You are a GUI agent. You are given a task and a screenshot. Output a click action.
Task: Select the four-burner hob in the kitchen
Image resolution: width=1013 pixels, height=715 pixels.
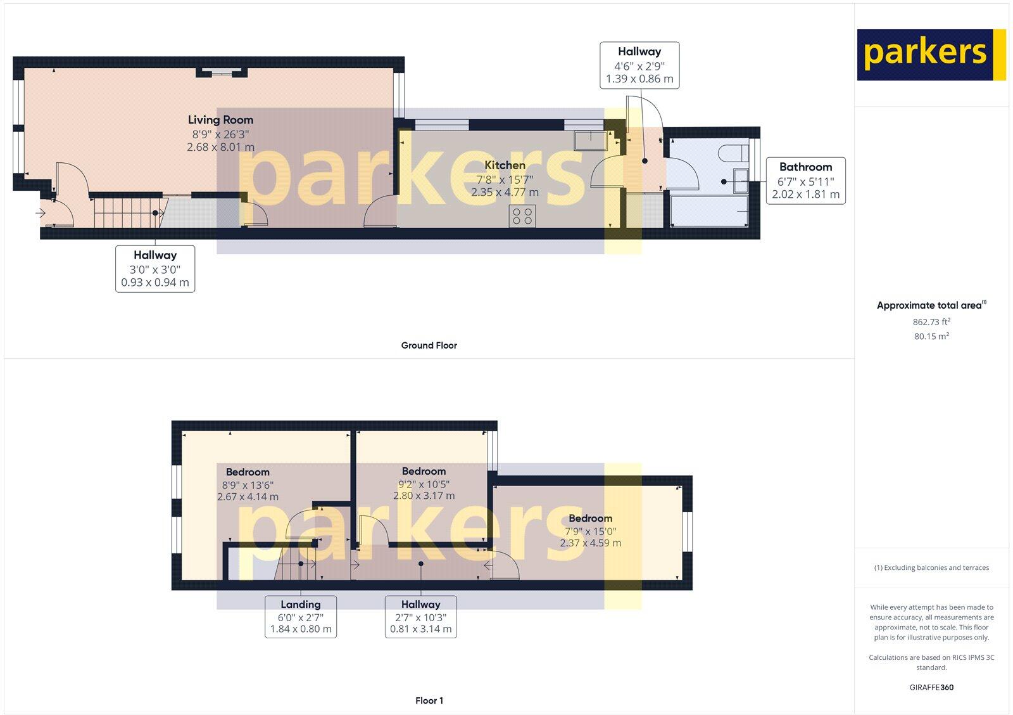pyautogui.click(x=522, y=216)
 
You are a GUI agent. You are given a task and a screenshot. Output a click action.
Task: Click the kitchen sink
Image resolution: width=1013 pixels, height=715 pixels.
pyautogui.click(x=590, y=140)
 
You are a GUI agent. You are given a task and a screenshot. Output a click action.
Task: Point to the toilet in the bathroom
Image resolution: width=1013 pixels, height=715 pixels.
pyautogui.click(x=735, y=152)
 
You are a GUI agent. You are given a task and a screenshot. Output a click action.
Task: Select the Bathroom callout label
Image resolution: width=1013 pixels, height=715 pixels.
pyautogui.click(x=805, y=181)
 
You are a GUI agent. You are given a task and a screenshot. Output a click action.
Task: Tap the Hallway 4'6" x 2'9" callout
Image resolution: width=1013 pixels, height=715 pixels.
pyautogui.click(x=639, y=65)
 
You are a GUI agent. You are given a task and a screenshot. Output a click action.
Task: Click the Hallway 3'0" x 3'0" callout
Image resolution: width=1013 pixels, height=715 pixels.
pyautogui.click(x=155, y=269)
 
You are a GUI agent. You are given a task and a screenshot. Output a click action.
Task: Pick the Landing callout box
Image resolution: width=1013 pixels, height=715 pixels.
pyautogui.click(x=301, y=617)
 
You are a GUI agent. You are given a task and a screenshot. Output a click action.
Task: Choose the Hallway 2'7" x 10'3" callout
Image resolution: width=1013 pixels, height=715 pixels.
pyautogui.click(x=421, y=617)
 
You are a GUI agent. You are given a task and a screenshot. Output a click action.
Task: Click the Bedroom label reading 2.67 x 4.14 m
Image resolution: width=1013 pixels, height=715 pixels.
pyautogui.click(x=248, y=484)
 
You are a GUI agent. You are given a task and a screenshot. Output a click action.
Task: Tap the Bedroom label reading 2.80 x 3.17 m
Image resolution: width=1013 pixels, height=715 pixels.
pyautogui.click(x=424, y=483)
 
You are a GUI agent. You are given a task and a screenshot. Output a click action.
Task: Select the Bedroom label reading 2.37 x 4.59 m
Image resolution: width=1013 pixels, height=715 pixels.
pyautogui.click(x=590, y=531)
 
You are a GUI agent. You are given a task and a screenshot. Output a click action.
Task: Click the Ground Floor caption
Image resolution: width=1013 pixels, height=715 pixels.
pyautogui.click(x=429, y=345)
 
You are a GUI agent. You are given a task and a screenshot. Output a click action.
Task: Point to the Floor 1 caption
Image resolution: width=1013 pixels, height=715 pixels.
pyautogui.click(x=429, y=700)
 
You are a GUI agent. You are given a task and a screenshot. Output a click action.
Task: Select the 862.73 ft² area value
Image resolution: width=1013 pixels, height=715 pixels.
pyautogui.click(x=931, y=322)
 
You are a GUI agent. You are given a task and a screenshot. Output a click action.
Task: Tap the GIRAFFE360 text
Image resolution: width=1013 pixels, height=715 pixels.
pyautogui.click(x=931, y=687)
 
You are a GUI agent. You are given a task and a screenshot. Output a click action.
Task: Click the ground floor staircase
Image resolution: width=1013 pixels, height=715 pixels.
pyautogui.click(x=127, y=212)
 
